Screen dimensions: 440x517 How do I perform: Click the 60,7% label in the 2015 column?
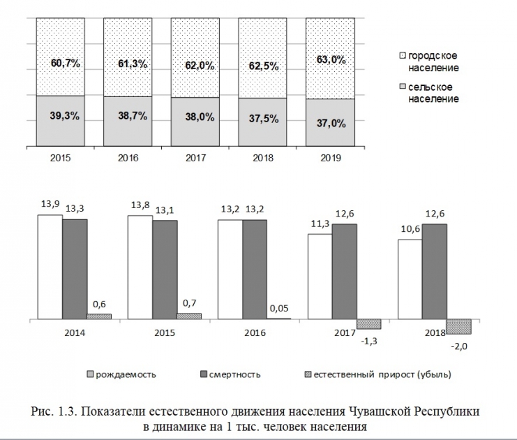(66, 64)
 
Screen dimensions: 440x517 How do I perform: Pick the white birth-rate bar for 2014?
(50, 266)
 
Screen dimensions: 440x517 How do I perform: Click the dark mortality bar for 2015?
(165, 269)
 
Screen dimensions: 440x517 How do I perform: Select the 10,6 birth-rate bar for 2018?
(410, 279)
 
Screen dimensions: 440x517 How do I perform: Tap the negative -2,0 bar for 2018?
(458, 326)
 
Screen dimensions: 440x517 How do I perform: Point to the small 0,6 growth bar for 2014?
(99, 316)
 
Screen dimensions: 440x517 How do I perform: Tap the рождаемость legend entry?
(126, 374)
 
